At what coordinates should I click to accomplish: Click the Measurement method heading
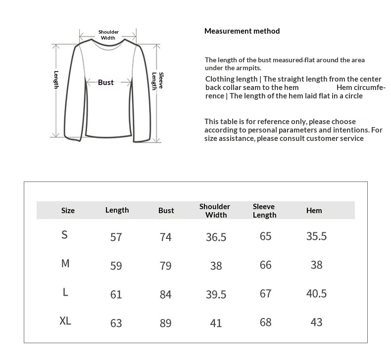click(x=242, y=31)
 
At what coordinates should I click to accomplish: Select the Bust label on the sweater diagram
click(x=105, y=83)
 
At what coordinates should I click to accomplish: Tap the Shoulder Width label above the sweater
click(x=108, y=35)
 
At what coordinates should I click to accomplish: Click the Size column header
click(x=68, y=211)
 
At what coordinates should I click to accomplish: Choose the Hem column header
click(x=314, y=210)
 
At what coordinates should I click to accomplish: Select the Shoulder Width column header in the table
click(x=215, y=210)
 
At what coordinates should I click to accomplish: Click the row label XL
click(x=65, y=321)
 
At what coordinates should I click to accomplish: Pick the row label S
click(x=64, y=235)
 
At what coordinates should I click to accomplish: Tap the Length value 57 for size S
click(x=116, y=237)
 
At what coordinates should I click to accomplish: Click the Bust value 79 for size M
click(x=166, y=266)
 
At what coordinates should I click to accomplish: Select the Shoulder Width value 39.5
click(x=216, y=295)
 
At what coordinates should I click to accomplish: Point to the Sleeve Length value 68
click(x=266, y=322)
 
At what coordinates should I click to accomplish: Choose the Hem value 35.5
click(x=316, y=236)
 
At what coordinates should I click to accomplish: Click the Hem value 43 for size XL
click(x=316, y=322)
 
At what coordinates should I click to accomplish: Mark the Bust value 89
click(x=166, y=323)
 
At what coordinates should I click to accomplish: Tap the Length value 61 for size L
click(x=116, y=295)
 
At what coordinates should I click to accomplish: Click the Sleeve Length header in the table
click(x=264, y=211)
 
